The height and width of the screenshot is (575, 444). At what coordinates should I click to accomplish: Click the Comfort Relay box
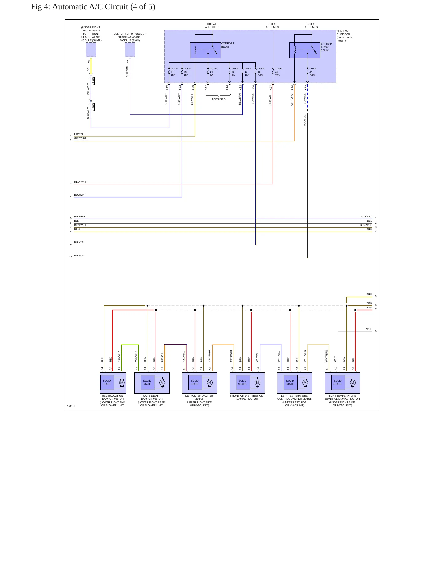[205, 50]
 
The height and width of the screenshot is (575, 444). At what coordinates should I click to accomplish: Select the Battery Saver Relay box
[305, 50]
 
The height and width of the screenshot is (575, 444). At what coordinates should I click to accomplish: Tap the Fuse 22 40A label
[278, 72]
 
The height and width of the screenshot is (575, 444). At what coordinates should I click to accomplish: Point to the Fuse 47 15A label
[174, 72]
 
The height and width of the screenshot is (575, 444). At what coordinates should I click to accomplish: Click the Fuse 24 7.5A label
[313, 72]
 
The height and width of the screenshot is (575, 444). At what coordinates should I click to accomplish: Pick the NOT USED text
[218, 99]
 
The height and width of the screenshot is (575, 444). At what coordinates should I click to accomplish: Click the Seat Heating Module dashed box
[91, 50]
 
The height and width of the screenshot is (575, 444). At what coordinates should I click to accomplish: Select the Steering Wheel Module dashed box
[130, 50]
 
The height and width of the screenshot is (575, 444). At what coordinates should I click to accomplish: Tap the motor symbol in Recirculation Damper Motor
[122, 383]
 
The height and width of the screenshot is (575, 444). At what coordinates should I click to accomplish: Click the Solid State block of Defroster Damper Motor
[195, 383]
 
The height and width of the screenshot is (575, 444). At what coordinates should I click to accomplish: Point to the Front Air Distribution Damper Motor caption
[247, 397]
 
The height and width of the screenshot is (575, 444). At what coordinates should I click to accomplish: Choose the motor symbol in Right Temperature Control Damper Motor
[353, 383]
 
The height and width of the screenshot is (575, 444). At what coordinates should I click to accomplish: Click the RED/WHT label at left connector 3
[80, 182]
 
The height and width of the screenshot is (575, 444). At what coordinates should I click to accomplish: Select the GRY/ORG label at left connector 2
[80, 138]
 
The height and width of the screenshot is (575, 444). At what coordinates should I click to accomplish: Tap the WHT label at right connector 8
[369, 329]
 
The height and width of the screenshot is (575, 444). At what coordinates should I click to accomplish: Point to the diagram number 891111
[71, 406]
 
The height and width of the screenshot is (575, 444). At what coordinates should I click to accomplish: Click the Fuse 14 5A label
[213, 72]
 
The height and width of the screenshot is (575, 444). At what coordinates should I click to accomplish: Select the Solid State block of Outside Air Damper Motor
[147, 383]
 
